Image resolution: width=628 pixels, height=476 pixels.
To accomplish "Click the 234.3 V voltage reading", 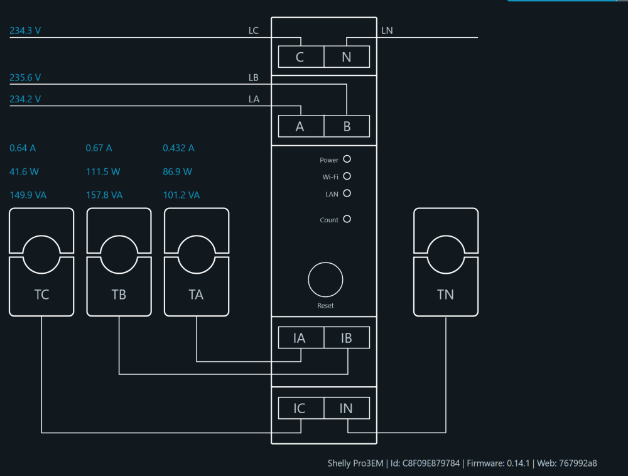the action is tap(25, 30).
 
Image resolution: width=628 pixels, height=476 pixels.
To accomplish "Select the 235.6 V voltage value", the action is tap(25, 77).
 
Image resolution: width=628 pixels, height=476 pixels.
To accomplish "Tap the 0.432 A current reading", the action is tap(178, 148).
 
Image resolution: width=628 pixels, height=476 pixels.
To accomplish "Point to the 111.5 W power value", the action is tap(103, 171).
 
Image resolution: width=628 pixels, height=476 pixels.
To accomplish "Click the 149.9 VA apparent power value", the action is tap(28, 195).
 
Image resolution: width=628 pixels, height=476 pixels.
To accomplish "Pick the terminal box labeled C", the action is tap(301, 57).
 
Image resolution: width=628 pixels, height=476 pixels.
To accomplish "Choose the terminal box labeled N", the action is tap(347, 57).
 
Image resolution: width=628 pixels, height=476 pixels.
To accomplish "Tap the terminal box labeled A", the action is tap(301, 126).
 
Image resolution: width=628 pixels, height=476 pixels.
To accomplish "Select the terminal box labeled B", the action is tap(347, 126).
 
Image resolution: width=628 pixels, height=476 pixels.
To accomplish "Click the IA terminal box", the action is tap(301, 337).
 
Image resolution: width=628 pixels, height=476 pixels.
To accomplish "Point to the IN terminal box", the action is tap(347, 408).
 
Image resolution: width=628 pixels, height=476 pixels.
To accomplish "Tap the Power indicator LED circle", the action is tap(347, 159).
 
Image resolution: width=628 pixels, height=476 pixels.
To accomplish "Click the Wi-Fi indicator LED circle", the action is tap(347, 176).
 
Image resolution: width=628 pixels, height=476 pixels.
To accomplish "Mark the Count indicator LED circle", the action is tap(347, 219).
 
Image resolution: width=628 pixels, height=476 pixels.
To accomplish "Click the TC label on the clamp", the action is tap(41, 295).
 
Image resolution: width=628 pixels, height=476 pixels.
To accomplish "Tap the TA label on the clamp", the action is tap(196, 295).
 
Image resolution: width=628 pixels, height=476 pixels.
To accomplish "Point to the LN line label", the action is tap(387, 30).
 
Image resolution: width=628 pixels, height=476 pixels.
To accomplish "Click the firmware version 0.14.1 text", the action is tap(518, 463).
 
